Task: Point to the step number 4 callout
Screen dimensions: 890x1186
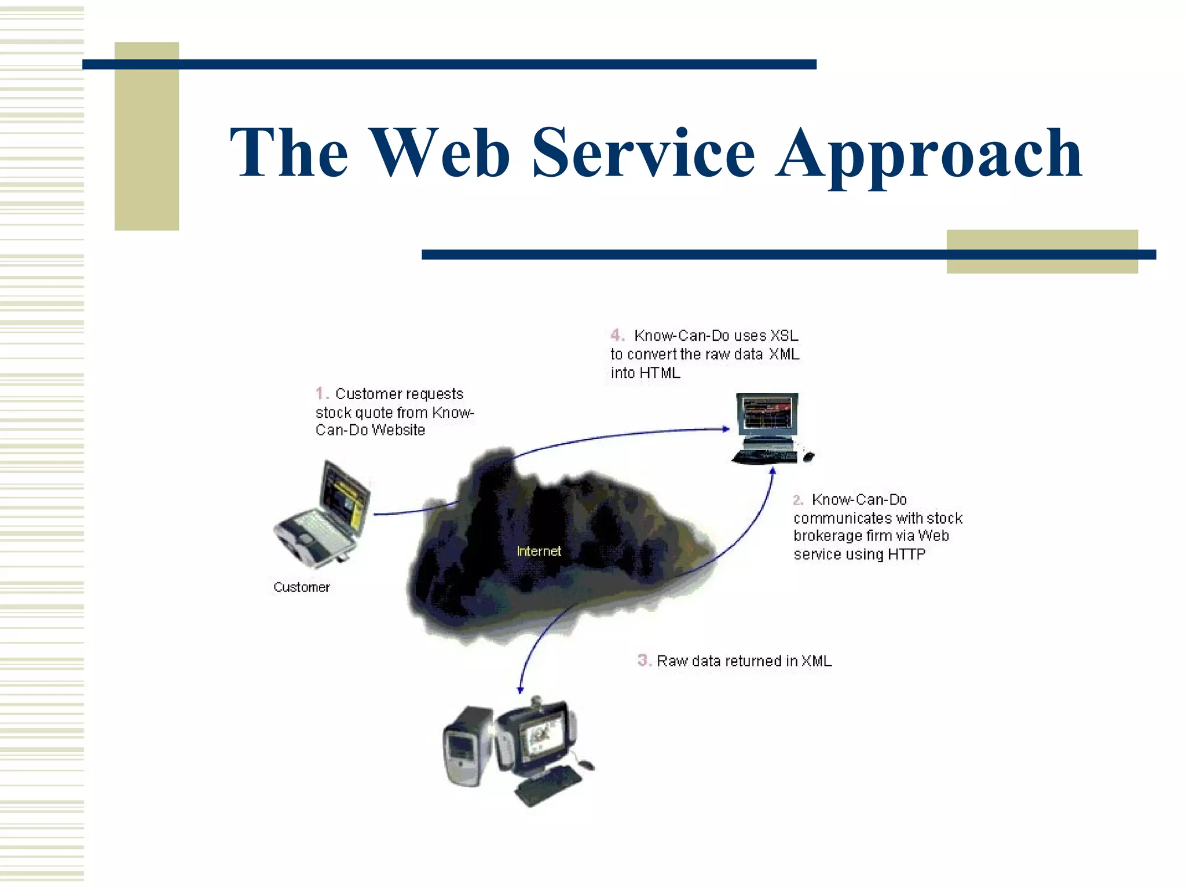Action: [617, 335]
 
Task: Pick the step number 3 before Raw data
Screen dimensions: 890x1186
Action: [643, 660]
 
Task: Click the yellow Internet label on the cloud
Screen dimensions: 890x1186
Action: [539, 551]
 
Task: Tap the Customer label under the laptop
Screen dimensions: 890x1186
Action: [301, 587]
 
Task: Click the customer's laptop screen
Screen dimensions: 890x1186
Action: [345, 498]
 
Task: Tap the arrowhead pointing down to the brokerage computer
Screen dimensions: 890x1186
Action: [520, 690]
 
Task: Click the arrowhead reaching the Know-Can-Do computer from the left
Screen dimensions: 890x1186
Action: [726, 429]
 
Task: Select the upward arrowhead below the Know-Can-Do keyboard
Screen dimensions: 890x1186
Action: [773, 472]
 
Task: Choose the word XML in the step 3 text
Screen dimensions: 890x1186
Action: [816, 661]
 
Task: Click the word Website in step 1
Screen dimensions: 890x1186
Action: [398, 430]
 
